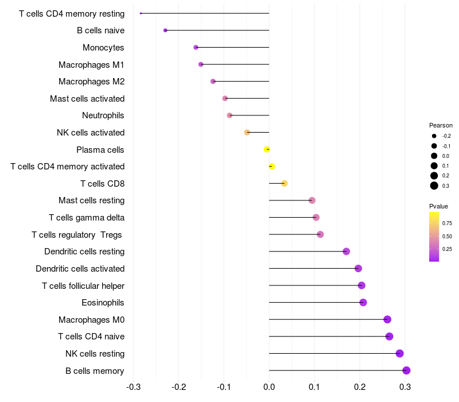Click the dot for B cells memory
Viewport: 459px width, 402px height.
pyautogui.click(x=406, y=370)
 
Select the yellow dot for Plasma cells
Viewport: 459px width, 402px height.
pyautogui.click(x=267, y=149)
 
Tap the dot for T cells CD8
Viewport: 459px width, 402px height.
pyautogui.click(x=284, y=183)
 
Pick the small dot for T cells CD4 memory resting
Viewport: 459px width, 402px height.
pyautogui.click(x=141, y=13)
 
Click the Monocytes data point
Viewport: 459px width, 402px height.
pyautogui.click(x=196, y=48)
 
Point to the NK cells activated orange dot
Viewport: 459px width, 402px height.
pyautogui.click(x=247, y=133)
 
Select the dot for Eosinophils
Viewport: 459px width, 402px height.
pyautogui.click(x=363, y=303)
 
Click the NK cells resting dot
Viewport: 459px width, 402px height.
pyautogui.click(x=399, y=353)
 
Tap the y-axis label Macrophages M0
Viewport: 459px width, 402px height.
pyautogui.click(x=91, y=320)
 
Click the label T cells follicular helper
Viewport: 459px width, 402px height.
pyautogui.click(x=83, y=285)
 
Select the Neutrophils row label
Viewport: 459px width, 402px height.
pyautogui.click(x=103, y=115)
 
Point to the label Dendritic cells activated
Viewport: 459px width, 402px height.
pyautogui.click(x=80, y=269)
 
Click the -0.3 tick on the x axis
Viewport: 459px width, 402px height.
pyautogui.click(x=134, y=387)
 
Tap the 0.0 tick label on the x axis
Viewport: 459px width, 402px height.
pyautogui.click(x=269, y=387)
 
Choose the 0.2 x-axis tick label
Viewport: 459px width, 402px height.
pyautogui.click(x=360, y=387)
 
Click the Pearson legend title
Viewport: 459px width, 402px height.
pyautogui.click(x=441, y=125)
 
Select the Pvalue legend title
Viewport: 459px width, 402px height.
pyautogui.click(x=438, y=206)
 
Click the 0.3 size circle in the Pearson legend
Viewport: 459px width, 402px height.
pyautogui.click(x=434, y=185)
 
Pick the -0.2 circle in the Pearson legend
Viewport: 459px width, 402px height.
pyautogui.click(x=434, y=136)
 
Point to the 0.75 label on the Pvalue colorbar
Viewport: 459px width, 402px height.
pyautogui.click(x=447, y=223)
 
